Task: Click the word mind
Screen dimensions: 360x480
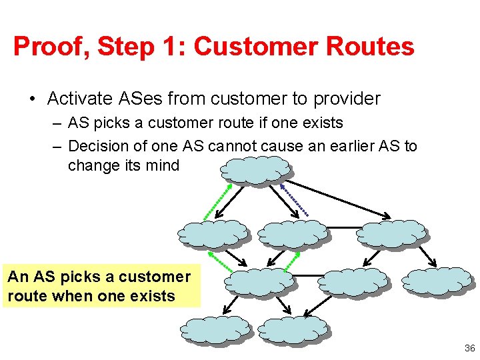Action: point(163,165)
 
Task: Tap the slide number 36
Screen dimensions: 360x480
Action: point(469,348)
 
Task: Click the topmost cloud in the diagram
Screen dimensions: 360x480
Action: point(255,171)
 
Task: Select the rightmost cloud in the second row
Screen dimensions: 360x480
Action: point(390,233)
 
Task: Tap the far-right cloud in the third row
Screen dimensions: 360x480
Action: point(438,281)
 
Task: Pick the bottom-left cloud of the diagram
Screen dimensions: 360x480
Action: point(215,329)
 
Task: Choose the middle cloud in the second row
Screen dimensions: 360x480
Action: point(291,233)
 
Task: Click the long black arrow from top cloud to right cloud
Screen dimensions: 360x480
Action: point(341,198)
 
